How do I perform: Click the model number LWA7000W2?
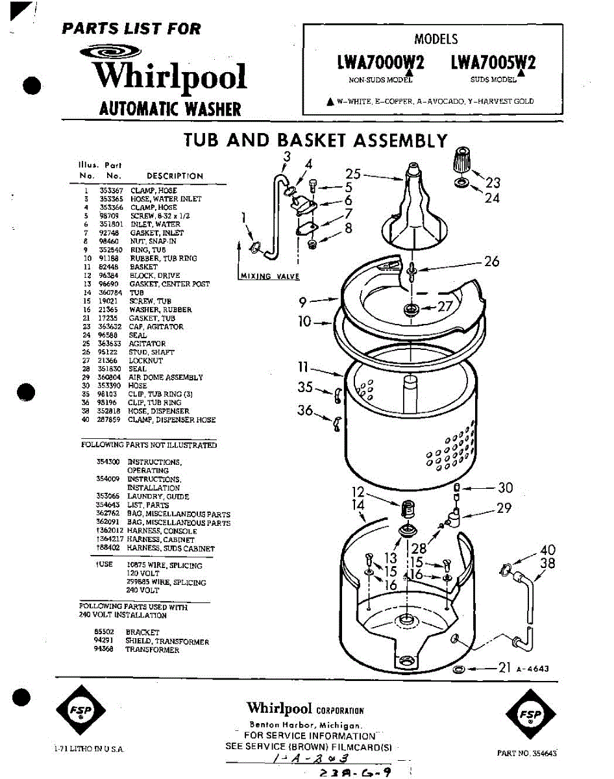pos(380,64)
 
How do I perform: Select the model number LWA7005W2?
pos(493,64)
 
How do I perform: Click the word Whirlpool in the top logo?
pos(170,77)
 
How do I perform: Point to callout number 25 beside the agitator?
pos(352,174)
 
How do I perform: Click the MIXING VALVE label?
pos(269,277)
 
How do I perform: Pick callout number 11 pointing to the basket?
pos(302,367)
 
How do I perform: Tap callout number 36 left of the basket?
pos(304,410)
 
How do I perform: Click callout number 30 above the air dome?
pos(505,488)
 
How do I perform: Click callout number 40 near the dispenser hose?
pos(547,550)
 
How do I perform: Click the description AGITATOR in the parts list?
pos(147,343)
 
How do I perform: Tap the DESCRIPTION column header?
pos(175,176)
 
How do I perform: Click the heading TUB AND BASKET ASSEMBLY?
pos(315,140)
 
